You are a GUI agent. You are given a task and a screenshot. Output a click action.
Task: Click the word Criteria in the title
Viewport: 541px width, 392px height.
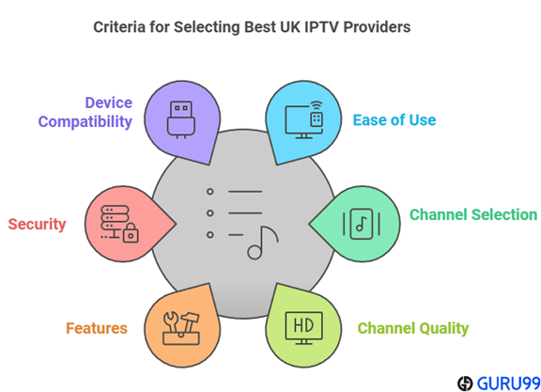tap(120, 27)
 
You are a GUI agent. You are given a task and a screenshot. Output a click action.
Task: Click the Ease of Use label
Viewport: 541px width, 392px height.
tap(394, 120)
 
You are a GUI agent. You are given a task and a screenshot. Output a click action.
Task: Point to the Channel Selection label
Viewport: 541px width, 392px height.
tap(472, 215)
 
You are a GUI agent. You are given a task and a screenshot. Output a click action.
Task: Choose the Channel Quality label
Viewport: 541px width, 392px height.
tap(412, 329)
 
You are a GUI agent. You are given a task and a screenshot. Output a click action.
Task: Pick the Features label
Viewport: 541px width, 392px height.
tap(96, 329)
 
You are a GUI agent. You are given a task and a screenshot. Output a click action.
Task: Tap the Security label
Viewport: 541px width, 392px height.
tap(37, 225)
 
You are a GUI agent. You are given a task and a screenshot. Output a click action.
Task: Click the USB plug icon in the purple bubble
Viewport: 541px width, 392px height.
tap(178, 117)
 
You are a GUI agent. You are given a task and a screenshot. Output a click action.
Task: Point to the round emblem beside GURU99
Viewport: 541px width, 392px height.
tap(465, 382)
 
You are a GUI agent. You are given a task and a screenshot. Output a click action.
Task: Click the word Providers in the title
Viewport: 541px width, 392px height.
tap(379, 27)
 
